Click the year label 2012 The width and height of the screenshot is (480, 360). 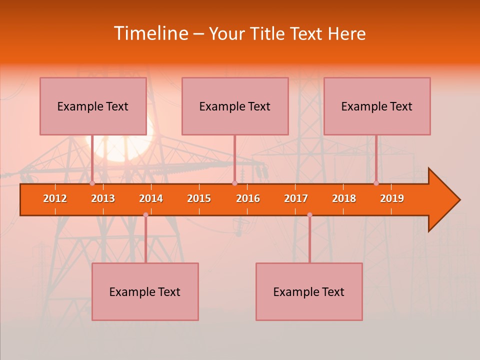[x=55, y=198]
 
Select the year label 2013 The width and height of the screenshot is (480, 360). [x=103, y=198]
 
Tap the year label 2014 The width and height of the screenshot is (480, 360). [x=151, y=198]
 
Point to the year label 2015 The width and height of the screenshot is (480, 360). [x=199, y=198]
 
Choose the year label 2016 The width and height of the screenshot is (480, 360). [x=248, y=198]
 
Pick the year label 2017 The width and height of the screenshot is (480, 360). [x=296, y=198]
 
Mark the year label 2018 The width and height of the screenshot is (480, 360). [x=344, y=198]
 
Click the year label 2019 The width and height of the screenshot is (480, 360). [x=392, y=198]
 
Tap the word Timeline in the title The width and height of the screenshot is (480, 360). [x=150, y=33]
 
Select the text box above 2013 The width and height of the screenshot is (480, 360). [x=93, y=106]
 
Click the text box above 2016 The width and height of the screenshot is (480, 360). [x=235, y=106]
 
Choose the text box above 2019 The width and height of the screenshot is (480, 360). [x=377, y=106]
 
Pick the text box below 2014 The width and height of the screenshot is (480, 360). [x=145, y=291]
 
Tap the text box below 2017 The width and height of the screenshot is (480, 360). [x=309, y=291]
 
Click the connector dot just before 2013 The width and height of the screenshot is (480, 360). [x=92, y=183]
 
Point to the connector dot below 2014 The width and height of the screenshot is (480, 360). [x=145, y=215]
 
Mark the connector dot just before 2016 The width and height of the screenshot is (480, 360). [x=234, y=183]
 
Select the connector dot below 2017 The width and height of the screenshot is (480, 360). [x=309, y=215]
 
